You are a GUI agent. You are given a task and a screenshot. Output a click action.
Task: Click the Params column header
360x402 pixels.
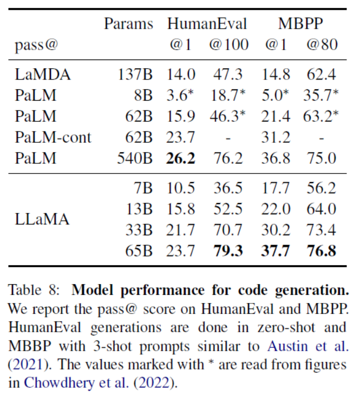coord(128,24)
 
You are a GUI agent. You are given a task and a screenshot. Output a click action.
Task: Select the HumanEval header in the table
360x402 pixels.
coord(207,24)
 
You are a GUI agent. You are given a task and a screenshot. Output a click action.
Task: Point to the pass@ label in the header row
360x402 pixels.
coord(35,44)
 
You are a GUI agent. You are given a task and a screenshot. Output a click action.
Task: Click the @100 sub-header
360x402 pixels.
coord(229,44)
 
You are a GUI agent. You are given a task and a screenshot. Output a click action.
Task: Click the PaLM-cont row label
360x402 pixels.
coord(53,137)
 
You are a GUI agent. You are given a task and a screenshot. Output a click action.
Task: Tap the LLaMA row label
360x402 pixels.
coord(42,220)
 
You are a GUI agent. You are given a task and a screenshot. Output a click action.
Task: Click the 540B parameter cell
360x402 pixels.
coord(135,159)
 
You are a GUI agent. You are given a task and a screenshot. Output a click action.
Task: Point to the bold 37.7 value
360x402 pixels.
coord(276,251)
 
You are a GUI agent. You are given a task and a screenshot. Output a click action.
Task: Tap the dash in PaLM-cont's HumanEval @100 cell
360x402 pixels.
coord(228,137)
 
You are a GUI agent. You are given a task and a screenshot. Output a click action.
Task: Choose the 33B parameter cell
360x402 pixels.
coord(139,230)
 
